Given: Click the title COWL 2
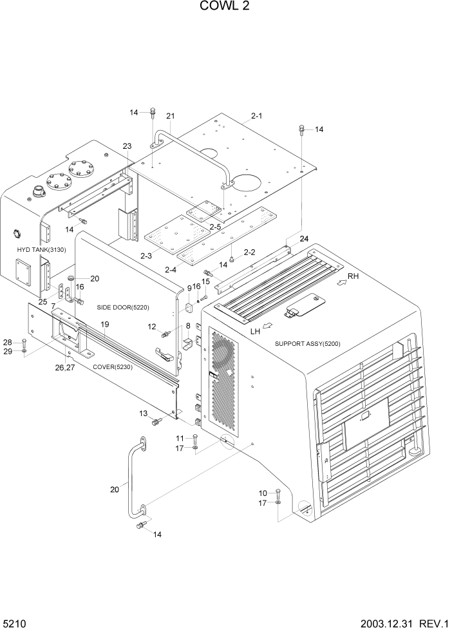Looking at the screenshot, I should click(225, 7).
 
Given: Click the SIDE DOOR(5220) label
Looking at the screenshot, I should click(120, 307).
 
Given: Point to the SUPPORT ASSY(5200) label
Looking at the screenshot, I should click(307, 343).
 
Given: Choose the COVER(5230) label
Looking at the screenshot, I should click(113, 367).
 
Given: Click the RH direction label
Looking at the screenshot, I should click(352, 277).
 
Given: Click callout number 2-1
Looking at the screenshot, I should click(256, 116).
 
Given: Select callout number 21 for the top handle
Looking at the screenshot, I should click(171, 116).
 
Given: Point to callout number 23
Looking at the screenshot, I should click(127, 146).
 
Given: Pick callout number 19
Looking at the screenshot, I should click(104, 323).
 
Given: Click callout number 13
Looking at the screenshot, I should click(143, 413).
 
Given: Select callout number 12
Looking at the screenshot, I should click(152, 327).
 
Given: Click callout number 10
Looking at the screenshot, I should click(263, 493).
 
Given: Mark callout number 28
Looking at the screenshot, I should click(8, 342).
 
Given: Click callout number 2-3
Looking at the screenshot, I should click(146, 256).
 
